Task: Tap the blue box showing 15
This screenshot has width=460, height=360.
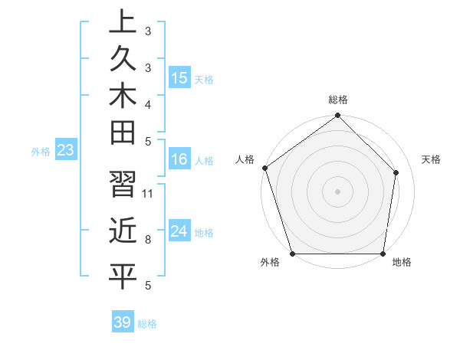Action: (x=179, y=78)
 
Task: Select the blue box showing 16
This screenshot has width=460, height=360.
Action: (x=179, y=159)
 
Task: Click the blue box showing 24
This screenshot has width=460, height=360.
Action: (x=179, y=231)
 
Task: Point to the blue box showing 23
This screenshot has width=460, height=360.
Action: (x=66, y=150)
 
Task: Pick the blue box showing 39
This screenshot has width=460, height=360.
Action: (x=123, y=322)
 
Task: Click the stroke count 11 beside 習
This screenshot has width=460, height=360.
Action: (x=148, y=192)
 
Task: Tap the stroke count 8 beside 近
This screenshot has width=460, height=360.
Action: (x=148, y=239)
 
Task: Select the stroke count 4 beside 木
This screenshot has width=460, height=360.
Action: (x=148, y=103)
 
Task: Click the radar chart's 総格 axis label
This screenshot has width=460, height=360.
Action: (x=338, y=100)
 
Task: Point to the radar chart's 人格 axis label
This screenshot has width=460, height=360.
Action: (x=245, y=159)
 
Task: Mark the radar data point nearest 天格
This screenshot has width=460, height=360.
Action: (x=396, y=172)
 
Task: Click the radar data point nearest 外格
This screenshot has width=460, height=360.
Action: (x=293, y=254)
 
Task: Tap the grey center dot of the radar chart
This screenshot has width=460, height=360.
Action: (x=337, y=191)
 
